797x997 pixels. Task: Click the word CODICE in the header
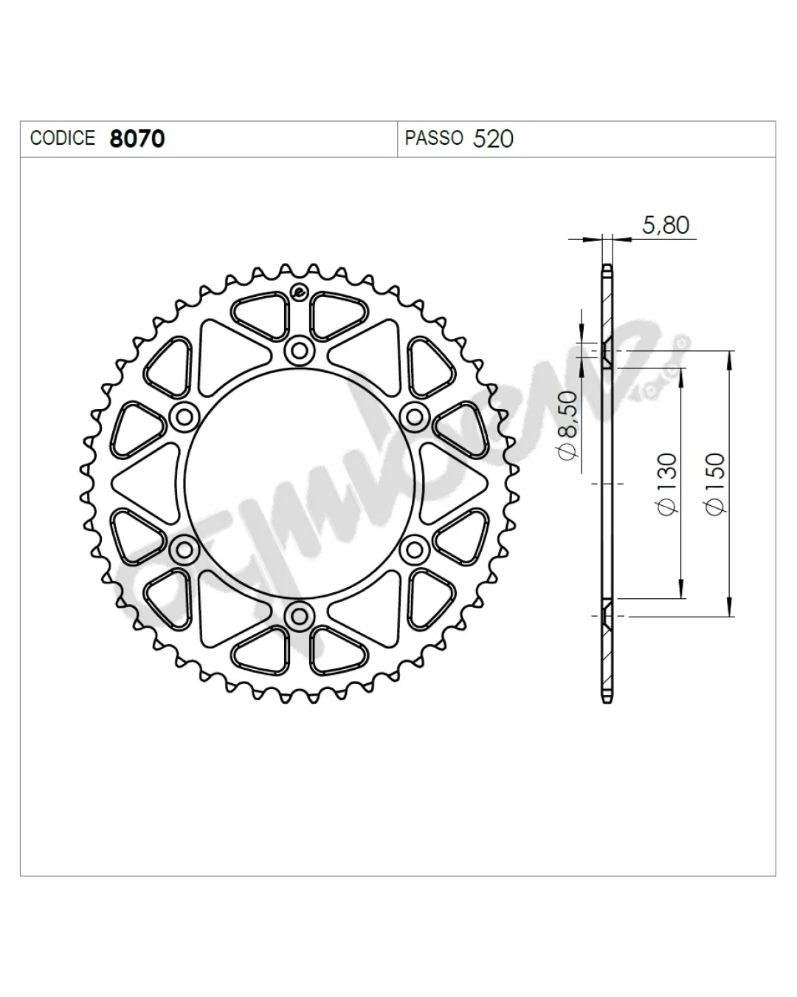coord(63,138)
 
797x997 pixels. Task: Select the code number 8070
coord(137,139)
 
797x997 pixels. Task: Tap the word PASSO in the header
coord(434,138)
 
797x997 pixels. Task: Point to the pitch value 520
coord(493,139)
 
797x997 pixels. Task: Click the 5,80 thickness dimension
coord(666,225)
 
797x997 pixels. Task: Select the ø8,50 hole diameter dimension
coord(568,425)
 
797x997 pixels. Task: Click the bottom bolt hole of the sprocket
coord(299,616)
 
